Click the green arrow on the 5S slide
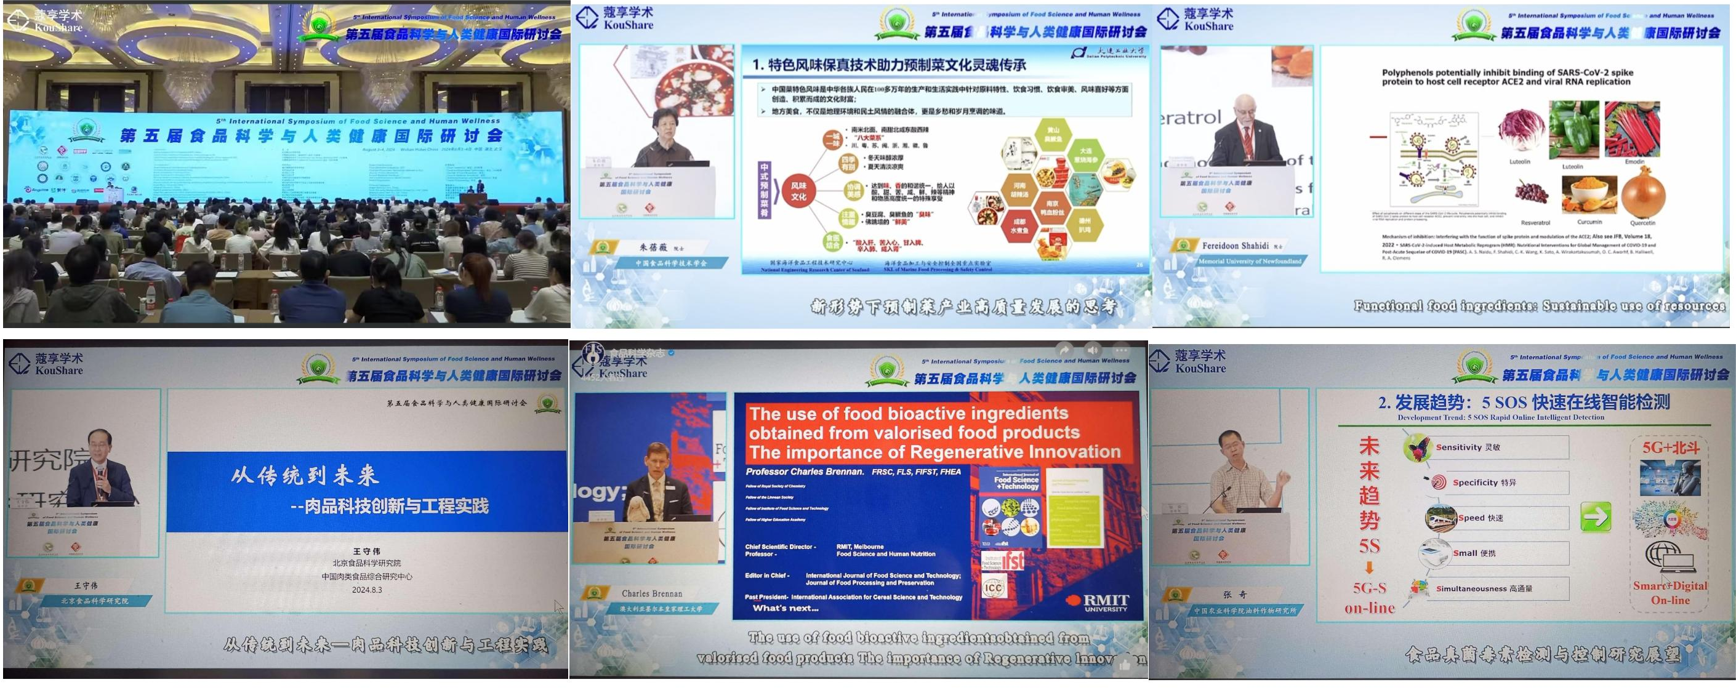point(1595,517)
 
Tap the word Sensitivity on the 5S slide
point(1458,447)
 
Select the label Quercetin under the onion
point(1642,223)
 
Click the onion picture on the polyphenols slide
point(1643,192)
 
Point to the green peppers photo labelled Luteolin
point(1573,130)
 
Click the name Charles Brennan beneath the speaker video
point(652,593)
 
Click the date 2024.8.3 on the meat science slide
point(367,590)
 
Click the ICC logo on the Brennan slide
point(994,588)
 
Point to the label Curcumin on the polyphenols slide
point(1589,222)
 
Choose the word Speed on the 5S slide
point(1471,518)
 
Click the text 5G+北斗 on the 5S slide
point(1670,448)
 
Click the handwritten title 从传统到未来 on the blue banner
point(305,476)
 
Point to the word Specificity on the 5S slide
point(1475,483)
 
